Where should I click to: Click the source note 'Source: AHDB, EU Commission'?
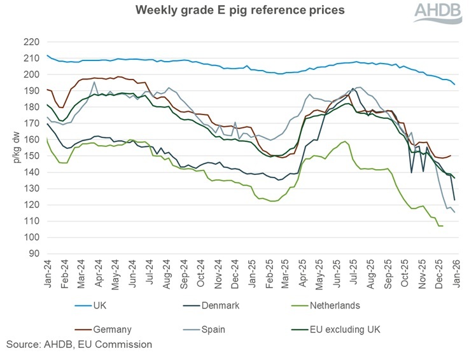pos(80,344)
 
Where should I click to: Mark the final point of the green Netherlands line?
pos(442,226)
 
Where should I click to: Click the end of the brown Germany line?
pos(451,155)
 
